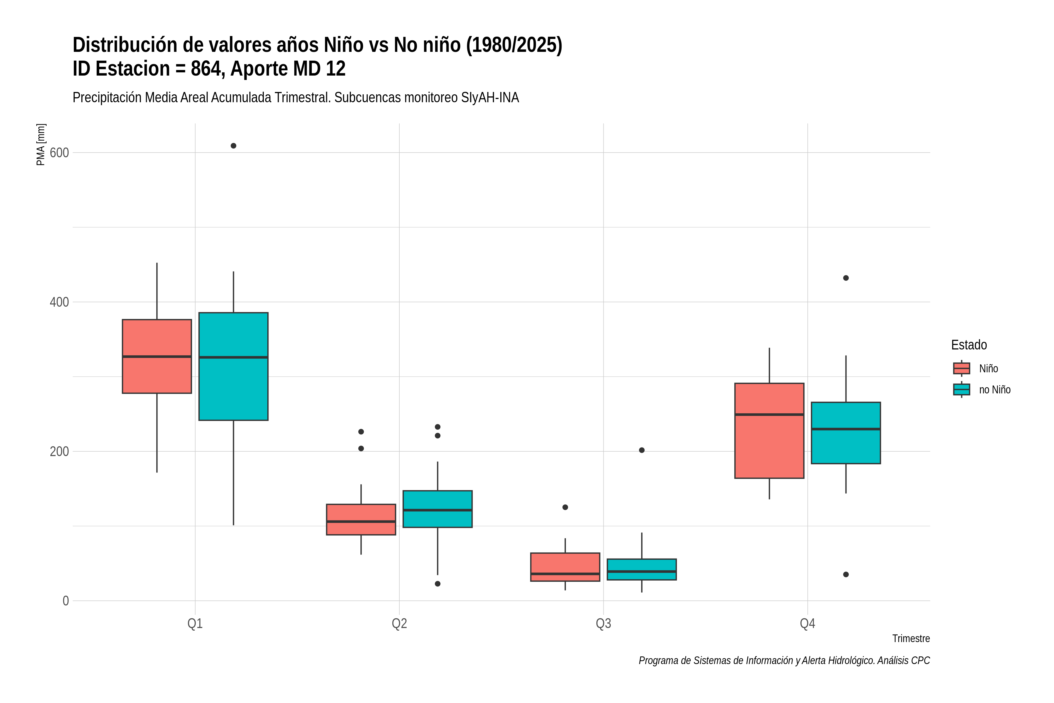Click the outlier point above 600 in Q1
pyautogui.click(x=233, y=146)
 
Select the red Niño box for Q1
pyautogui.click(x=157, y=356)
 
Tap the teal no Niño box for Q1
pyautogui.click(x=233, y=366)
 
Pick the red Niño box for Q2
pyautogui.click(x=361, y=520)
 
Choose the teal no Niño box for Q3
pyautogui.click(x=642, y=569)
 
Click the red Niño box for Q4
pyautogui.click(x=769, y=431)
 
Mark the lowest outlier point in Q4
pyautogui.click(x=846, y=574)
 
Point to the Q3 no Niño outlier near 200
pyautogui.click(x=642, y=450)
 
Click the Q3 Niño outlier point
pyautogui.click(x=565, y=507)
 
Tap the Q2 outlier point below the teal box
pyautogui.click(x=438, y=584)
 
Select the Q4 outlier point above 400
pyautogui.click(x=846, y=278)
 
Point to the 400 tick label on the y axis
pyautogui.click(x=59, y=302)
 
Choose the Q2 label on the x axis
pyautogui.click(x=399, y=624)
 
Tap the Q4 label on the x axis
pyautogui.click(x=807, y=624)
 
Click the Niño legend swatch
pyautogui.click(x=962, y=368)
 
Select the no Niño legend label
pyautogui.click(x=995, y=390)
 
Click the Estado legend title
pyautogui.click(x=969, y=345)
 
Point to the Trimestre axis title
pyautogui.click(x=911, y=639)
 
